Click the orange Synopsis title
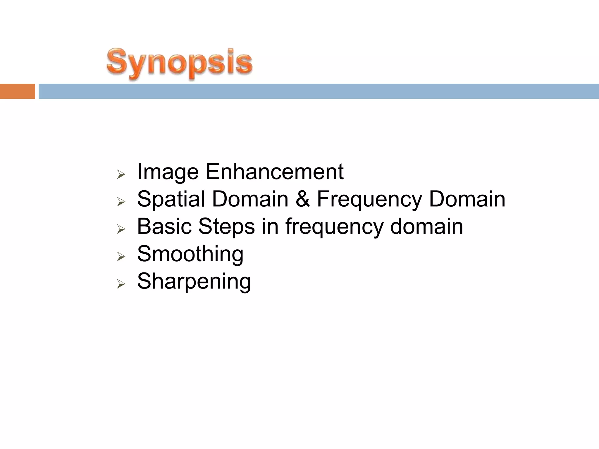coord(179,63)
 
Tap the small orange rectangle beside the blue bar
coord(17,91)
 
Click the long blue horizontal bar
coord(319,91)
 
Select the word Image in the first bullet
coord(168,172)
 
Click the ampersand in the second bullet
coord(302,199)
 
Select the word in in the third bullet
coord(270,226)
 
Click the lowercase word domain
coord(426,227)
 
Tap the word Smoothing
coord(190,254)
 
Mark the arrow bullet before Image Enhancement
coord(121,175)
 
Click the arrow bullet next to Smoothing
coord(121,257)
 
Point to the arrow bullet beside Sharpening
coord(121,284)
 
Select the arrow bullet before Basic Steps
coord(121,229)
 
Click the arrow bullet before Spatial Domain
coord(121,202)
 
